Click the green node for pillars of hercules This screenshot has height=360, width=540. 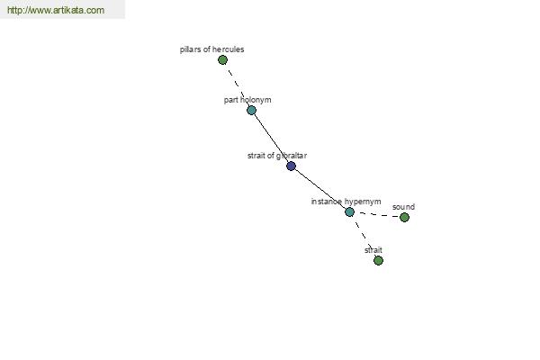tap(223, 60)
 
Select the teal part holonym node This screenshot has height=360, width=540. tap(251, 110)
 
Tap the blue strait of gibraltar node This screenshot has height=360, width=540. tap(291, 166)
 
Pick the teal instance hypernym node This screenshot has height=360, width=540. tap(349, 211)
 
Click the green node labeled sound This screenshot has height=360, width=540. tap(404, 218)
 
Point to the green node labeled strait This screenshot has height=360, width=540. tap(378, 260)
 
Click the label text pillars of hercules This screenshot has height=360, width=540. tap(211, 49)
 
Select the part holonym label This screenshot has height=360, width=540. tap(247, 100)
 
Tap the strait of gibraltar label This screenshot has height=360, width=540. tap(277, 156)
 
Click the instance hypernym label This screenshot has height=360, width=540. tap(346, 202)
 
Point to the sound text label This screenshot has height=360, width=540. tap(403, 207)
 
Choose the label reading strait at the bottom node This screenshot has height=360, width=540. tap(373, 250)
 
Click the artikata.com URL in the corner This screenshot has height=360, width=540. tap(56, 10)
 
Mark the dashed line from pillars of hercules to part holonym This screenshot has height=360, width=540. tap(237, 85)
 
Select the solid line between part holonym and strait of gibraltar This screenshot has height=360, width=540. tap(271, 138)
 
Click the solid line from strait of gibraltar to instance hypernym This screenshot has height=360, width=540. tap(319, 189)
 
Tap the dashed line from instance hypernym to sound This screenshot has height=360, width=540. tap(377, 214)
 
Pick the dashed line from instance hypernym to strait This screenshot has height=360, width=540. tap(363, 234)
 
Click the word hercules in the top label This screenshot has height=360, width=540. tap(229, 49)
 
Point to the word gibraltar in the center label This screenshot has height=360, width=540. tap(292, 156)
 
